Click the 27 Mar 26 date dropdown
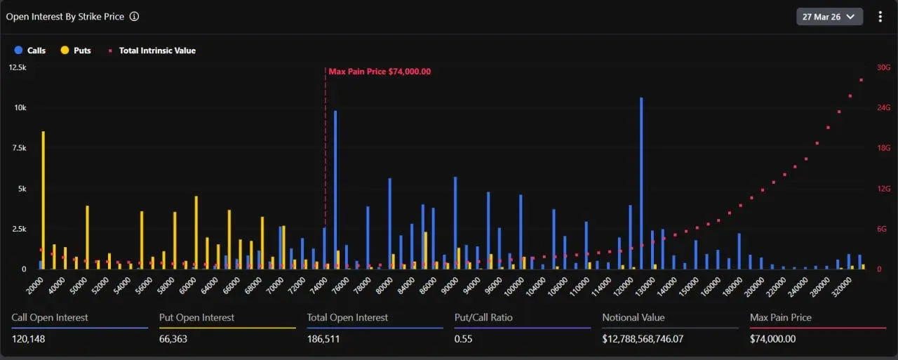[x=829, y=16]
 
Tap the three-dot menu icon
[x=880, y=16]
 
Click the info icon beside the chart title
[x=134, y=16]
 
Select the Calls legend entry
[x=30, y=51]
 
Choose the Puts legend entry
[x=76, y=51]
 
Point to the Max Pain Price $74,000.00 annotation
[x=380, y=72]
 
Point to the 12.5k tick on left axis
[x=17, y=67]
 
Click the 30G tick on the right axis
[x=883, y=67]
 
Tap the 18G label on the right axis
[x=883, y=148]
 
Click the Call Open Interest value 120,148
[x=29, y=339]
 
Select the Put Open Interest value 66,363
[x=173, y=339]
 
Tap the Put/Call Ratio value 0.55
[x=462, y=339]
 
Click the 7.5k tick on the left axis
[x=17, y=148]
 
